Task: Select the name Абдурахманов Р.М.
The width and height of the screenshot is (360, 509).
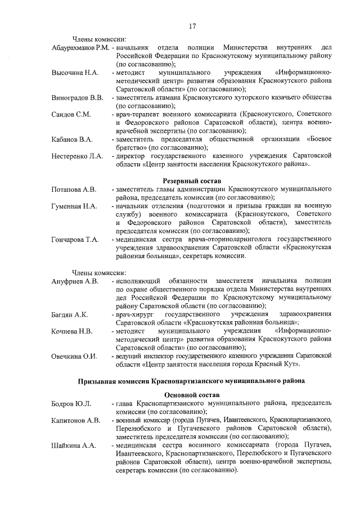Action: pyautogui.click(x=79, y=46)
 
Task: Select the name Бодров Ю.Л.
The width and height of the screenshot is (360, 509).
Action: pyautogui.click(x=71, y=404)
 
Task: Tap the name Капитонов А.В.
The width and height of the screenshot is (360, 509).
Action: pyautogui.click(x=76, y=420)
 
